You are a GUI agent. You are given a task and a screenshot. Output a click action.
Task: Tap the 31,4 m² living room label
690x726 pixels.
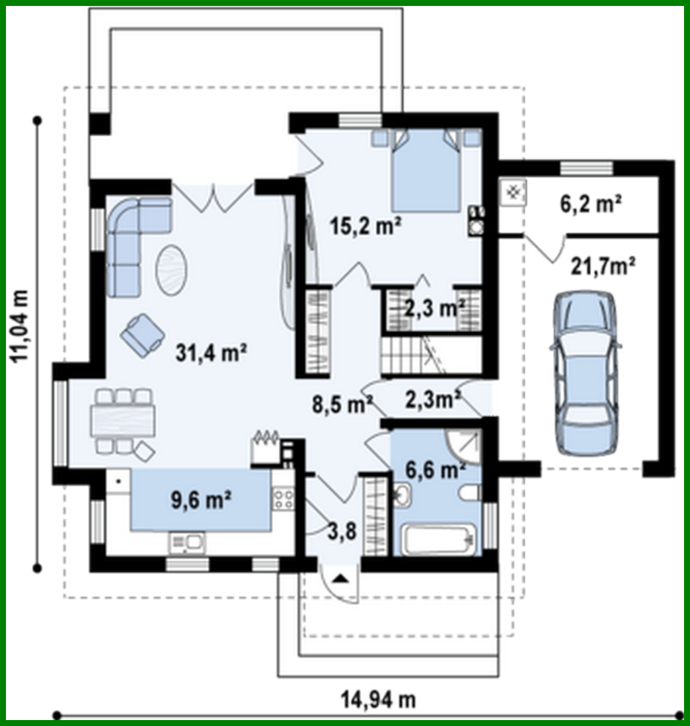tap(211, 353)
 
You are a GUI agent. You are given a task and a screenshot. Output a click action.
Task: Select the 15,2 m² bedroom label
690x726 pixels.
tap(367, 227)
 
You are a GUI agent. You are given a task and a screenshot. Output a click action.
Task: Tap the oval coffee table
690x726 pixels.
tap(173, 268)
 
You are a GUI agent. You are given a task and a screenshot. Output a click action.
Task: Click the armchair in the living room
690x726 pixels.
tap(143, 332)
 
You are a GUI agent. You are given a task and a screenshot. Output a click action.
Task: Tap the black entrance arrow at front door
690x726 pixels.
tap(340, 579)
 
